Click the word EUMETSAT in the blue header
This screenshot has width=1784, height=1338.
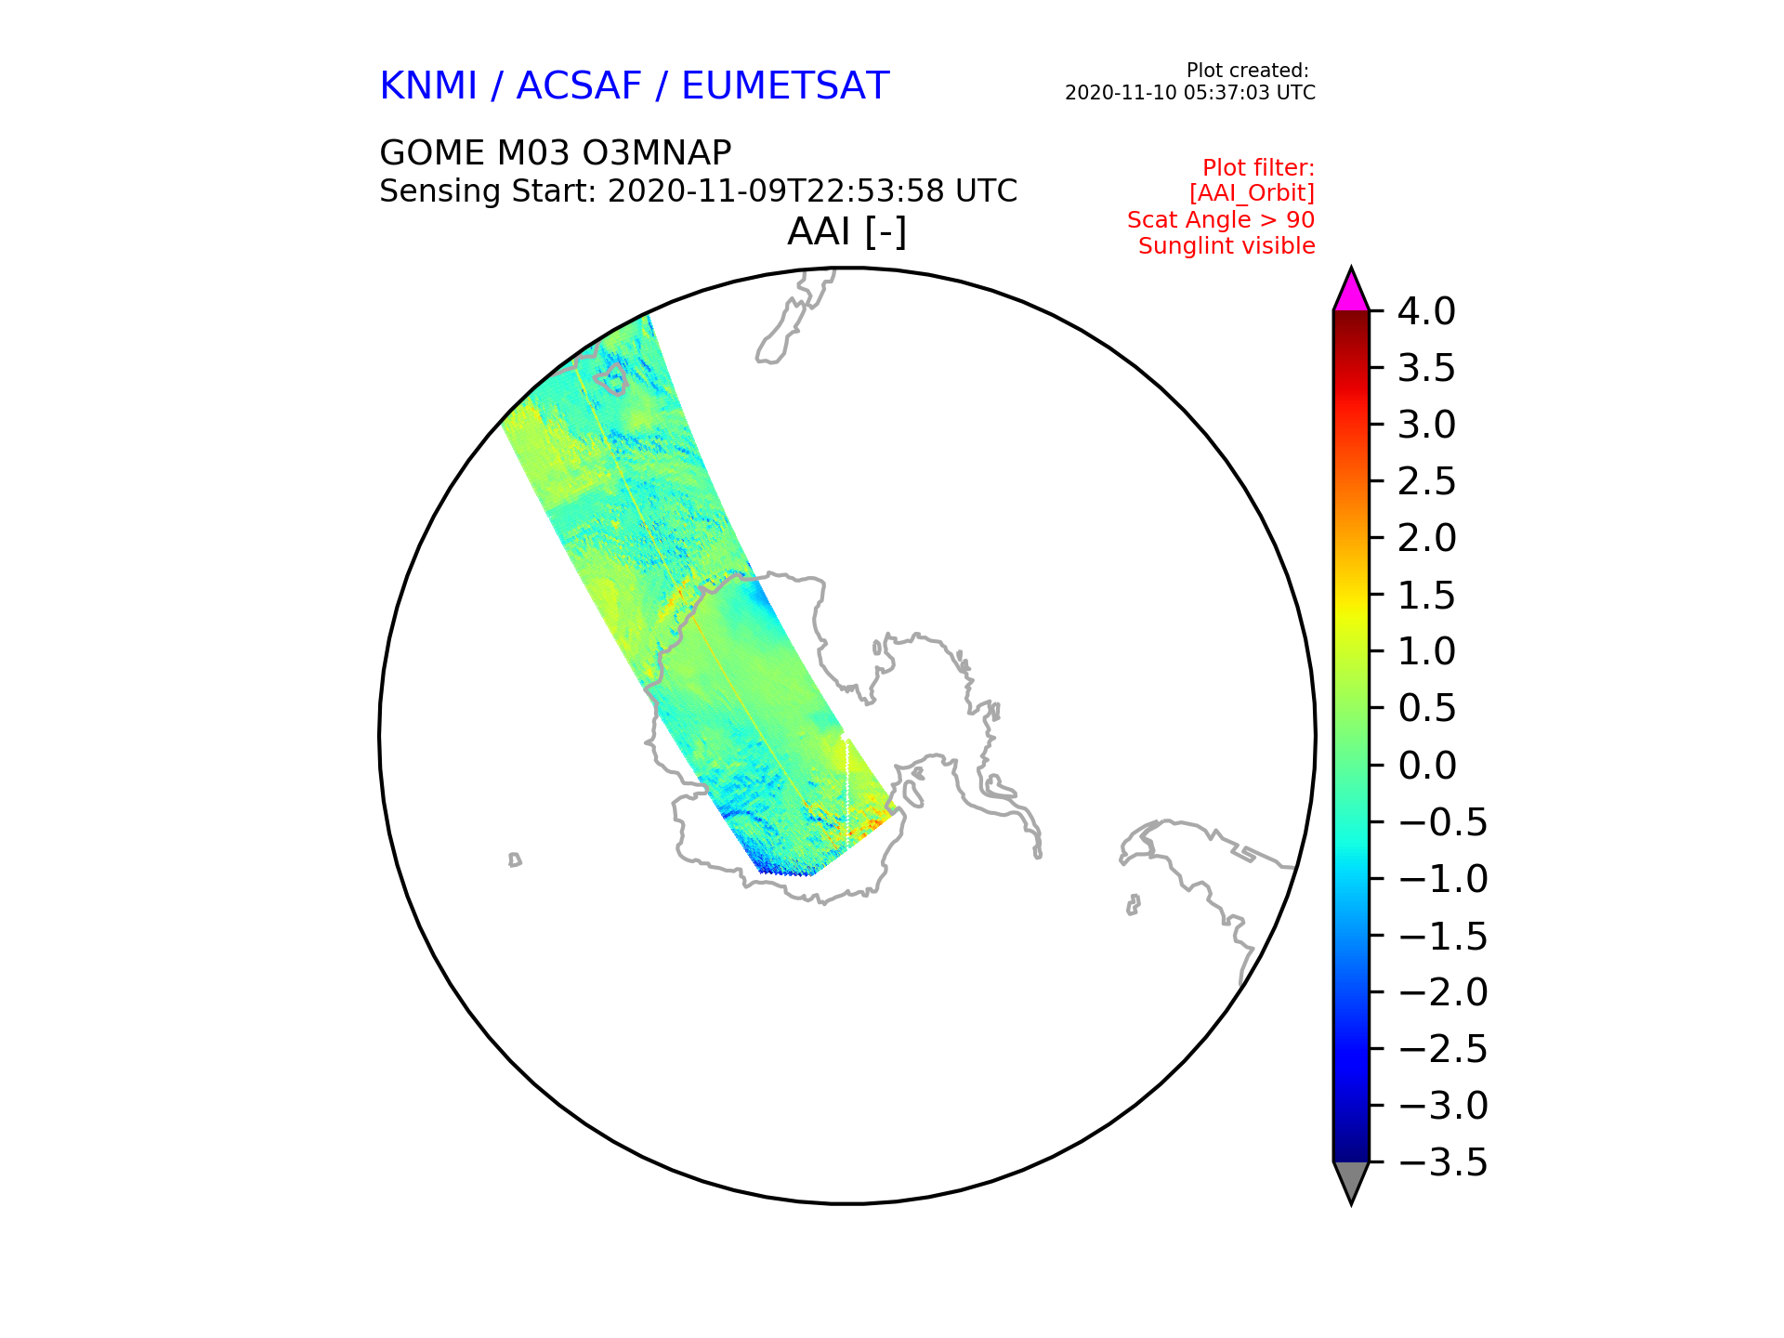coord(785,86)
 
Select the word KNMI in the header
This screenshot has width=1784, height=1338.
coord(428,86)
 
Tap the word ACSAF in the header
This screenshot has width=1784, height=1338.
coord(579,86)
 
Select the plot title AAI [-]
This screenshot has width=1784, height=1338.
coord(846,231)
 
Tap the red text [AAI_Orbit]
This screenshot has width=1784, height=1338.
coord(1252,193)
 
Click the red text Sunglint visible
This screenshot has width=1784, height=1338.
coord(1226,246)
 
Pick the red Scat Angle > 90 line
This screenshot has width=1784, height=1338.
coord(1221,220)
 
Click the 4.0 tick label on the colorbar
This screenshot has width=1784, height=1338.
coord(1426,311)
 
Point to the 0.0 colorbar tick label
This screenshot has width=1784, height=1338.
coord(1426,766)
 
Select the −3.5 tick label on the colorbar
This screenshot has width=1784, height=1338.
coord(1442,1162)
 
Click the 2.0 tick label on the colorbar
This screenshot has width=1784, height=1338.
coord(1426,538)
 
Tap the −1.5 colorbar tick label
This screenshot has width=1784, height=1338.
coord(1442,936)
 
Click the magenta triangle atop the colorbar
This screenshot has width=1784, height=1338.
coord(1351,293)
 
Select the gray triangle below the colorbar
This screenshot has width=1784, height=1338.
coord(1351,1181)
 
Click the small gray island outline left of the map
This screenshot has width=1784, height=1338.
coord(515,860)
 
